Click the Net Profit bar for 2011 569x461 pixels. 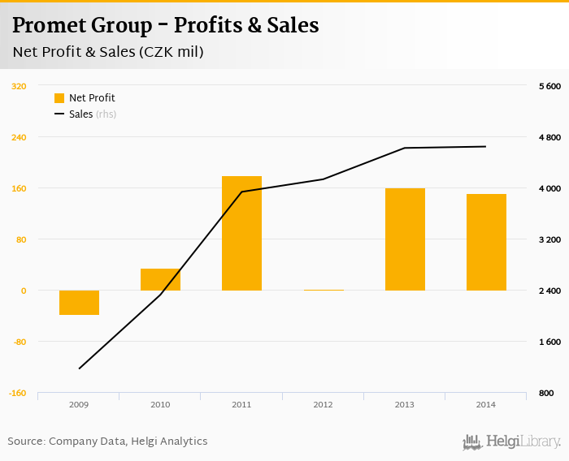click(241, 233)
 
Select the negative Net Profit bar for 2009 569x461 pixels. click(79, 302)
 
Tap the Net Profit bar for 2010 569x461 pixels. click(160, 279)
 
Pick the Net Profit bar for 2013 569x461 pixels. click(405, 239)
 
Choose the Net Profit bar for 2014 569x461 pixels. click(486, 242)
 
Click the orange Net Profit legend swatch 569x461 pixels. click(59, 98)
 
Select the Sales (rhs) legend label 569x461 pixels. click(92, 114)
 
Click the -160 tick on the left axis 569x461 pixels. click(18, 393)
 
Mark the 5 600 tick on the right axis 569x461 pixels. click(550, 86)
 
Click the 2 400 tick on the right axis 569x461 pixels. click(550, 291)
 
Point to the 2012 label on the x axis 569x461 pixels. click(323, 404)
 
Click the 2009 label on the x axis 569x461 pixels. click(79, 404)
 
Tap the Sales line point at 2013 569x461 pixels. click(405, 148)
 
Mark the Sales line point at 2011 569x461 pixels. click(241, 192)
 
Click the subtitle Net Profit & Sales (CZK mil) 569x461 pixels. click(108, 53)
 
